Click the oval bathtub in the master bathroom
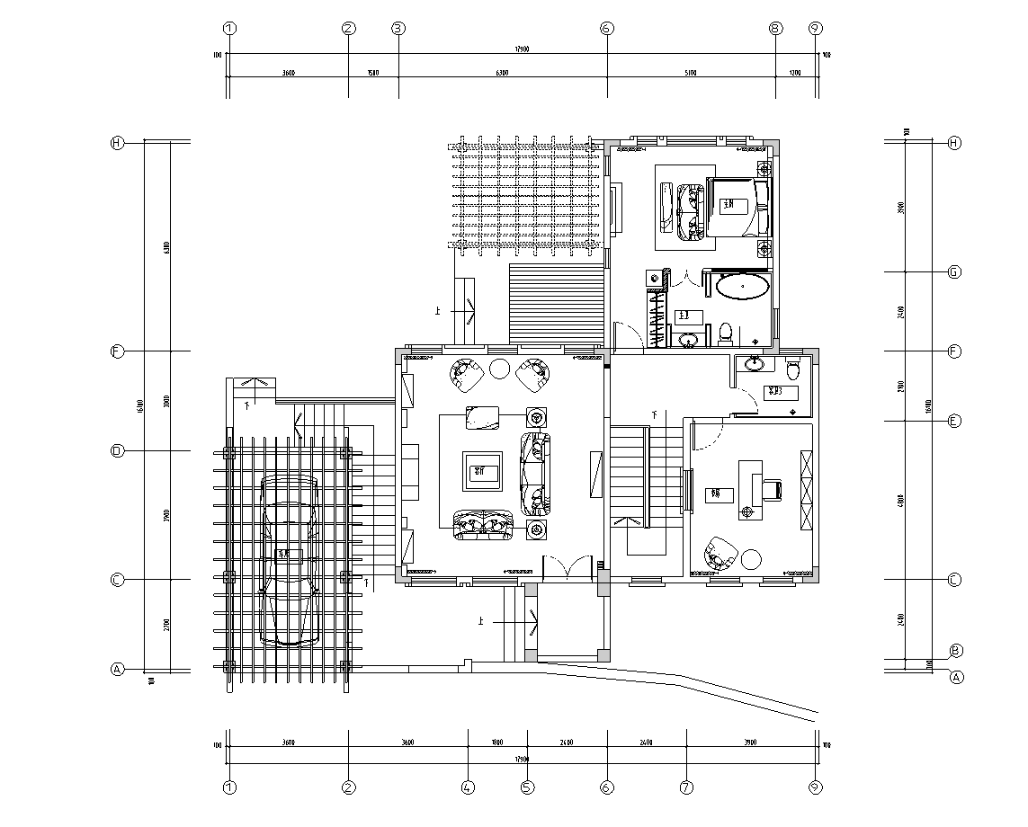coord(742,289)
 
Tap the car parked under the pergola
coord(289,561)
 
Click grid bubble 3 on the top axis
coord(398,28)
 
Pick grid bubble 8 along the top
coord(775,28)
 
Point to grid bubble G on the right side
coord(955,272)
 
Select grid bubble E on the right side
coord(955,421)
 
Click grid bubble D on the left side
coord(116,451)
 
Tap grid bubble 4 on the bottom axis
coord(468,787)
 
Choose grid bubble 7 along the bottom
coord(686,787)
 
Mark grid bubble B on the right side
coord(957,651)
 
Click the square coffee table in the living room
coord(483,470)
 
